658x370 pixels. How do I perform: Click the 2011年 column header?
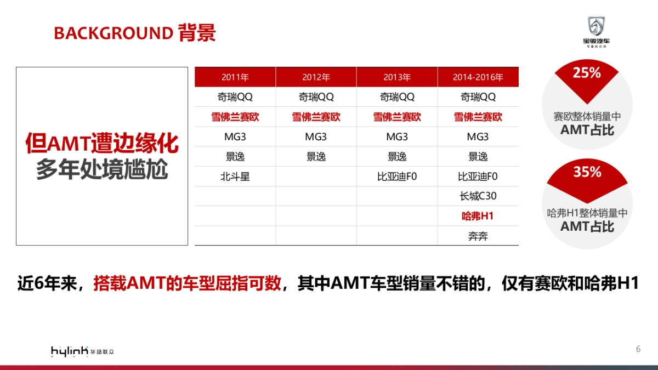coord(235,77)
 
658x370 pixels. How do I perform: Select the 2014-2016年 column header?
coord(478,77)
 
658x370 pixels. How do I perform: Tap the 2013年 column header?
coord(397,77)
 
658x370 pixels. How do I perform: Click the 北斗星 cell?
coord(235,177)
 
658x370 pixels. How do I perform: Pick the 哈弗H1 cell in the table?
coord(478,216)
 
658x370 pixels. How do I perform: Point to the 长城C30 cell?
coord(478,196)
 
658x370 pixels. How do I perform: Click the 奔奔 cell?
coord(478,236)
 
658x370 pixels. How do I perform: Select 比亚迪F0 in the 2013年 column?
coord(397,177)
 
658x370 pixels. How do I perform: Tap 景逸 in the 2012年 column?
coord(316,157)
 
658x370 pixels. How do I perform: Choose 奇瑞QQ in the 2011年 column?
coord(235,97)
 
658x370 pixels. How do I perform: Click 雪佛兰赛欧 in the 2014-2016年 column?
coord(478,117)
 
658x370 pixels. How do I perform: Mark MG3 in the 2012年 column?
coord(316,136)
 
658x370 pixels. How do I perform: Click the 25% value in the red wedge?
coord(587,73)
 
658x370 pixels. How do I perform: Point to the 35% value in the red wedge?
coord(587,172)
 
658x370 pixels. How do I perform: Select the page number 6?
coord(638,349)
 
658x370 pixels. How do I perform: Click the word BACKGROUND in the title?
coord(113,33)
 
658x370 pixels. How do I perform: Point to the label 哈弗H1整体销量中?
coord(587,213)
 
